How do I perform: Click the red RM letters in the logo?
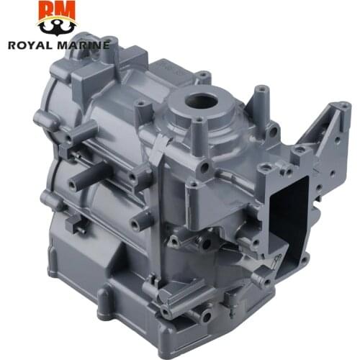coord(57,11)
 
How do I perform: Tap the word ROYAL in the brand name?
coord(30,45)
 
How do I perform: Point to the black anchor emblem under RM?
coord(57,27)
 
